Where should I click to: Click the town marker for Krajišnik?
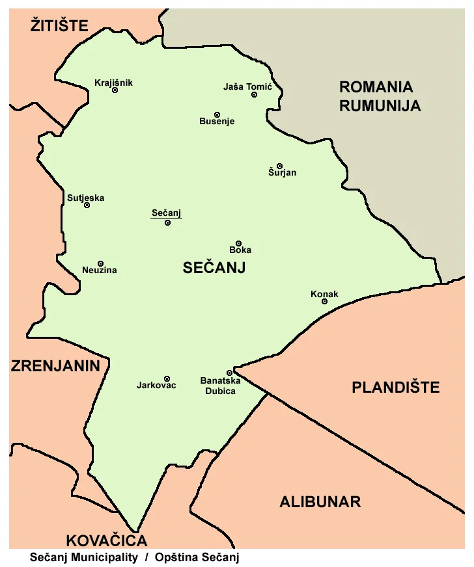pos(115,90)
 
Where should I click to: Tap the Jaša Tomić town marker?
pos(254,95)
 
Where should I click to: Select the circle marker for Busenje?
pos(217,114)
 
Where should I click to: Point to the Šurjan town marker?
pos(279,166)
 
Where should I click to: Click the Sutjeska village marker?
pos(87,205)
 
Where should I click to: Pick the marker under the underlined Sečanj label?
pos(167,223)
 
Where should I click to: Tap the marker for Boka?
pos(238,243)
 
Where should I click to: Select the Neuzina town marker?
pos(100,263)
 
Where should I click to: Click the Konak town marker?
pos(324,301)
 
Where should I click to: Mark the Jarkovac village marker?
pos(167,378)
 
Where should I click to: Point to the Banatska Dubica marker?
pos(229,373)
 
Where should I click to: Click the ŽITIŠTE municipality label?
pos(59,26)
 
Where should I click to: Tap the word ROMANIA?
pos(376,87)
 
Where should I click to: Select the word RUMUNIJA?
pos(380,106)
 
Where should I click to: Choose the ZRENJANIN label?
pos(55,366)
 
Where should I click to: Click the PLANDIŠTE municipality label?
pos(395,388)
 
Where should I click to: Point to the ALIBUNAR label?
pos(320,502)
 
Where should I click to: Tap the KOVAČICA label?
pos(107,540)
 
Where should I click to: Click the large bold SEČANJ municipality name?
pos(214,267)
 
